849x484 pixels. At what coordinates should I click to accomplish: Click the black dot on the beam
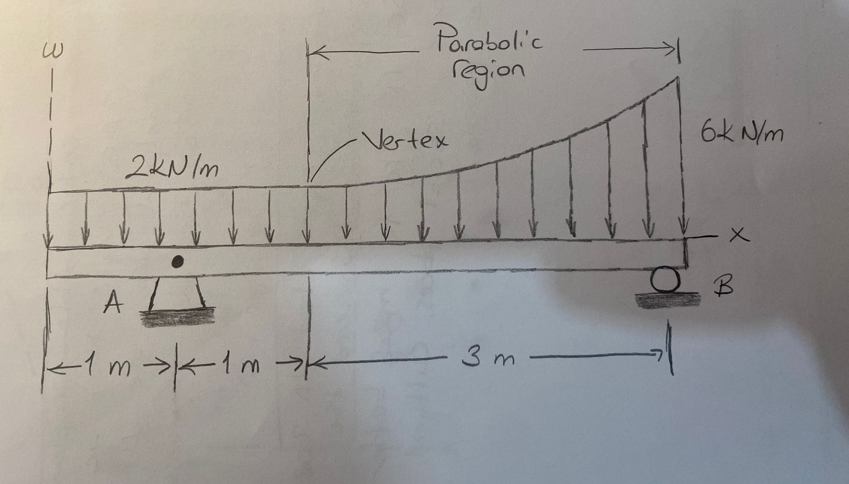coord(178,261)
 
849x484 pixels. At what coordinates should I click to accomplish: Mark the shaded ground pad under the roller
coord(667,300)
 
